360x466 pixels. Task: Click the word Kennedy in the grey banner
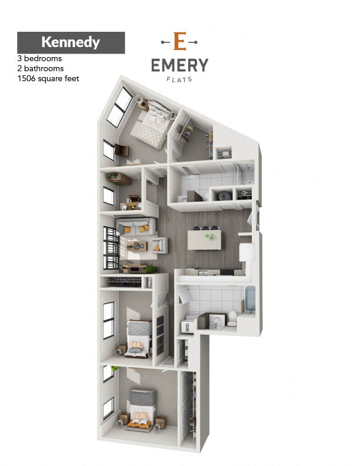click(71, 42)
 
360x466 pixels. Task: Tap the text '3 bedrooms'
click(39, 59)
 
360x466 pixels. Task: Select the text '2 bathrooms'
click(41, 69)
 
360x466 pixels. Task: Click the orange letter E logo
click(179, 41)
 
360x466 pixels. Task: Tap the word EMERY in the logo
click(179, 65)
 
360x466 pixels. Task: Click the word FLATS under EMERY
click(179, 79)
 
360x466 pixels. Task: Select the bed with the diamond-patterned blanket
click(152, 125)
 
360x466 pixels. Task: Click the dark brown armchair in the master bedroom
click(122, 150)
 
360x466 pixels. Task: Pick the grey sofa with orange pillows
click(136, 227)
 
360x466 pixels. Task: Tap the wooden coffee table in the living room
click(137, 246)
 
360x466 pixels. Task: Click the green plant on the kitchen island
click(211, 237)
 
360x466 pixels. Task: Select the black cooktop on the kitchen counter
click(227, 272)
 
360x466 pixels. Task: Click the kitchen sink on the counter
click(203, 272)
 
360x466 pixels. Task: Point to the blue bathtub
click(250, 299)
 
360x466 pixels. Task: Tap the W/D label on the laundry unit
click(187, 328)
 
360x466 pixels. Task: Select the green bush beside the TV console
click(151, 269)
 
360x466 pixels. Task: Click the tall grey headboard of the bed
click(143, 397)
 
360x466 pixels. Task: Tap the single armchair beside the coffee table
click(160, 245)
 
